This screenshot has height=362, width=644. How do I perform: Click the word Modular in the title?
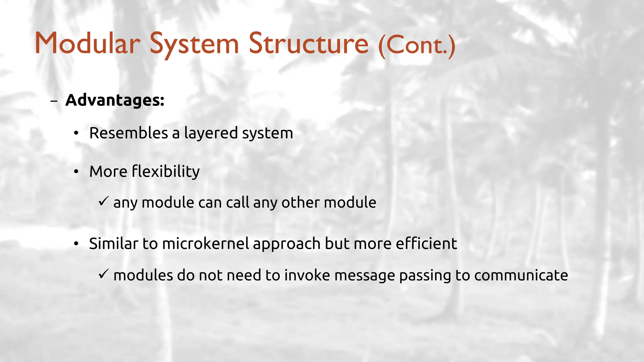click(x=87, y=44)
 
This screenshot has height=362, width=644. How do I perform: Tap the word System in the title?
click(x=194, y=44)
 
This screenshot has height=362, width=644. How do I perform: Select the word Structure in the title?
click(x=308, y=44)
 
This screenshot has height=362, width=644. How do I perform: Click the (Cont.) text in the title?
click(x=417, y=45)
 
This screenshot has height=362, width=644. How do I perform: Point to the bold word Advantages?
click(x=115, y=100)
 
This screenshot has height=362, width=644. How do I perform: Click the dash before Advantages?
click(x=54, y=101)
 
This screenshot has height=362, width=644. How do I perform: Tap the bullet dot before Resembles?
click(x=76, y=134)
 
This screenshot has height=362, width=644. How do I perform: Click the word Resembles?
click(x=129, y=133)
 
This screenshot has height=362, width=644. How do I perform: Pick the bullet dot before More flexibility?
click(x=76, y=172)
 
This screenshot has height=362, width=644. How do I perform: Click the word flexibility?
click(x=166, y=172)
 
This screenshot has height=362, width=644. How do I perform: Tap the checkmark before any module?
click(x=103, y=201)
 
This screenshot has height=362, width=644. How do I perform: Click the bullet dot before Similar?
click(x=76, y=244)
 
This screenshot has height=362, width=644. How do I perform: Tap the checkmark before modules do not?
click(x=103, y=274)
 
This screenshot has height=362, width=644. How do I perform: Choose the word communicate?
click(x=521, y=276)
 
